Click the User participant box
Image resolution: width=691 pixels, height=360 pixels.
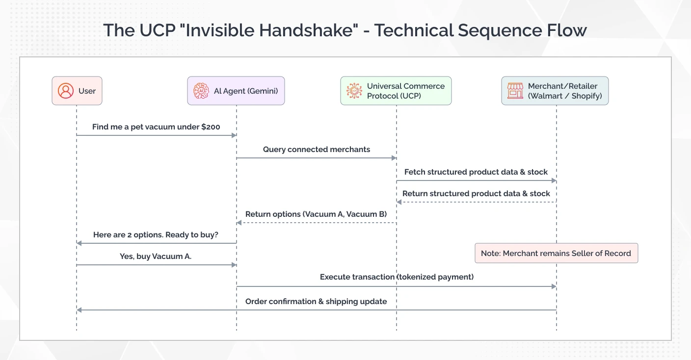coord(77,91)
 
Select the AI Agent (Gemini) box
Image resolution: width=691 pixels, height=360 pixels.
coord(236,91)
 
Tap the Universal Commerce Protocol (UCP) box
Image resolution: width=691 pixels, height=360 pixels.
coord(396,91)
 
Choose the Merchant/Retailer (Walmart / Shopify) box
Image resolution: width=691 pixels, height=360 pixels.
coord(555,91)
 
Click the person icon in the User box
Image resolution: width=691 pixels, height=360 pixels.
coord(65,91)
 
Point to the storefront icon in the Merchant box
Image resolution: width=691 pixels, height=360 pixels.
coord(515,91)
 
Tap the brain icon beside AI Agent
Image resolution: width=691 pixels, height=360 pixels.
coord(201,91)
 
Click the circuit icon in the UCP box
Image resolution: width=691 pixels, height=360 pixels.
coord(354,91)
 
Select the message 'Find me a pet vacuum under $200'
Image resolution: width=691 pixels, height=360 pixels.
coord(156,127)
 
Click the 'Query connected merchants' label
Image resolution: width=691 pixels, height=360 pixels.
coord(317,149)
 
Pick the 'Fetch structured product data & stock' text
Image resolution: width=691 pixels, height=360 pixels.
coord(476,172)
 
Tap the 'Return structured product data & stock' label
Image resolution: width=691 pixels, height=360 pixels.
coord(476,193)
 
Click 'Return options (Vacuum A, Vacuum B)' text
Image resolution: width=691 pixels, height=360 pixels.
coord(316,214)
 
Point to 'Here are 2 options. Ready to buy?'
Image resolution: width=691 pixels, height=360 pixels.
coord(156,234)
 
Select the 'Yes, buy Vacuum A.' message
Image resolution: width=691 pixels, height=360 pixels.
coord(156,256)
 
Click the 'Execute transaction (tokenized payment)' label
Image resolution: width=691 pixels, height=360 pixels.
coord(397,277)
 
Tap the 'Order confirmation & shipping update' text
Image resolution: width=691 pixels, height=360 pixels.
coord(316,301)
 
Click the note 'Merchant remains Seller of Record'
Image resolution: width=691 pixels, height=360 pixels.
coord(556,253)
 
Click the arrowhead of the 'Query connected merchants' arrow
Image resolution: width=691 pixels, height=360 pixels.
coord(394,158)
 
